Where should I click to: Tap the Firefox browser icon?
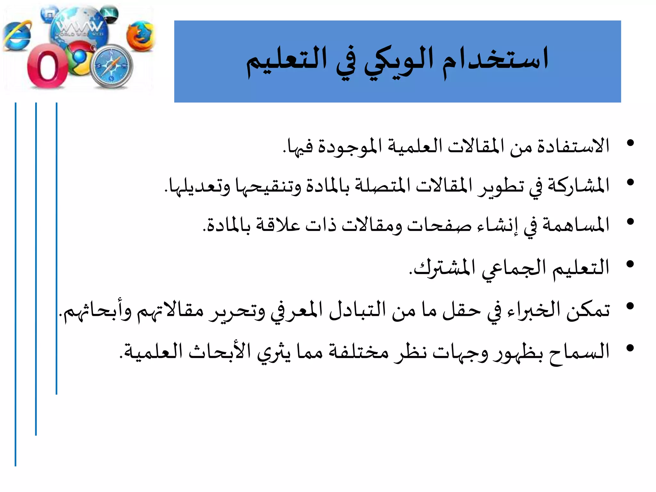pos(140,36)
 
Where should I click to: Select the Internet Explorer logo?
pos(18,36)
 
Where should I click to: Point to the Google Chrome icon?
pos(79,59)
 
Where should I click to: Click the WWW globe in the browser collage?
pos(78,29)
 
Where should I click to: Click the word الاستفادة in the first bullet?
pos(573,146)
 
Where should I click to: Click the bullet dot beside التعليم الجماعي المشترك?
pos(630,264)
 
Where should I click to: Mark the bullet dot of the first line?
pos(630,143)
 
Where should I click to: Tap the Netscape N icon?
pos(110,14)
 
